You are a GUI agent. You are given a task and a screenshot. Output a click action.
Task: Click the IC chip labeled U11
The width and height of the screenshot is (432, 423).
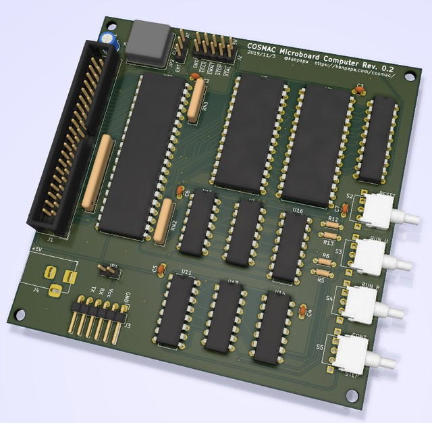coord(178,307)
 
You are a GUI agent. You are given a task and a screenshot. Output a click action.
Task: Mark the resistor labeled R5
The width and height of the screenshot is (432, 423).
coord(321,272)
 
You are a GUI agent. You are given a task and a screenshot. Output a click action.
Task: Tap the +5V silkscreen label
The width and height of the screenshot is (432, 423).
coord(36,249)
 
